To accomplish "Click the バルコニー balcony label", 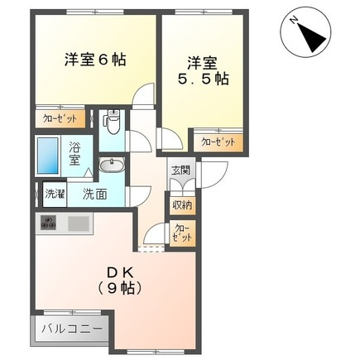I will pos(72,329).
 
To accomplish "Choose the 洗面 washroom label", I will pos(94,195).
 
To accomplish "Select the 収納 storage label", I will pos(182,204).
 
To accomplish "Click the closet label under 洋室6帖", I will pos(60,118).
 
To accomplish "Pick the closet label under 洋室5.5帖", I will pos(218,142).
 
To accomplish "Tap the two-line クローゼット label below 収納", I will pos(182,233).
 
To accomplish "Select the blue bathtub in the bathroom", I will pos(49,153).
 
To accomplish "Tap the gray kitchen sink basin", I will pos(79,223).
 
